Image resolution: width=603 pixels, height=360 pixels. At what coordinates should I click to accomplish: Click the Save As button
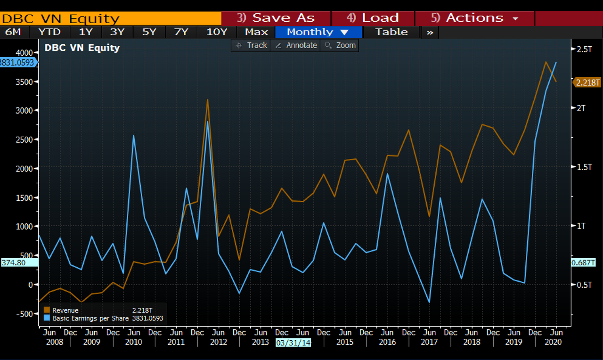276,18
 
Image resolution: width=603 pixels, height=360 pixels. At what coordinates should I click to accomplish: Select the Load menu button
373,18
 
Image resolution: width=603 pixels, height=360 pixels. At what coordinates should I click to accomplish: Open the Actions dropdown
474,18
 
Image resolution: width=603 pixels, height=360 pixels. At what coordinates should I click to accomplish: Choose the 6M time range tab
13,32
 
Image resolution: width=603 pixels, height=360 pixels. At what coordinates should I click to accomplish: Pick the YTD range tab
49,32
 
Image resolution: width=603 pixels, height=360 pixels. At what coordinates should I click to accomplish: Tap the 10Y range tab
217,32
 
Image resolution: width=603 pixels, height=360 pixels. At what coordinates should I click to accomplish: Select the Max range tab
256,32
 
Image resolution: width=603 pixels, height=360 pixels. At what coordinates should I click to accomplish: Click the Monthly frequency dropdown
318,32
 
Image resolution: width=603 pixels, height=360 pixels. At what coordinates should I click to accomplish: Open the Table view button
391,32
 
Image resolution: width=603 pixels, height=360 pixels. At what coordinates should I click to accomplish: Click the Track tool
251,45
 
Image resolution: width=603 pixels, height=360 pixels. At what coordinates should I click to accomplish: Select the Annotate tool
296,45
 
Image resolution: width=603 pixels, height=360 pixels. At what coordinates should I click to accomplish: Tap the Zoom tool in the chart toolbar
340,45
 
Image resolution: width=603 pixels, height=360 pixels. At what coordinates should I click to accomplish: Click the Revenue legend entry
65,311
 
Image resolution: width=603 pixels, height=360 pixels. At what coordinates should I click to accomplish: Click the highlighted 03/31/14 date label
293,343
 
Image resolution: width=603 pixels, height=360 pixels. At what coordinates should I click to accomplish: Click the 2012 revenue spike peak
207,99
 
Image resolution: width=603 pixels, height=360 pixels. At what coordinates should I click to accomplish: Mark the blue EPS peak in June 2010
134,135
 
